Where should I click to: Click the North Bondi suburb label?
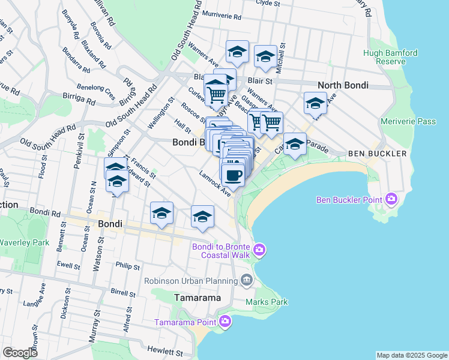click(342, 85)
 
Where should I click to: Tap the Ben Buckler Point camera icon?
click(392, 198)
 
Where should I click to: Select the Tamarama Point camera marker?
click(225, 322)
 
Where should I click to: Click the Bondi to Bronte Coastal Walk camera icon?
click(259, 249)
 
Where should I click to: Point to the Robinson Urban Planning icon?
click(246, 280)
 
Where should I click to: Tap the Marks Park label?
click(266, 302)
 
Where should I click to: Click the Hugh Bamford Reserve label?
click(390, 58)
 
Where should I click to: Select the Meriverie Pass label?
click(408, 121)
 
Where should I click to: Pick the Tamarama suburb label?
click(197, 298)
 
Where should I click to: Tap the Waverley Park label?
click(24, 242)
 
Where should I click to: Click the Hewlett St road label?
click(164, 352)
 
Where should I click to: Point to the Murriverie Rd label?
click(224, 14)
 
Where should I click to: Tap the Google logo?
click(20, 353)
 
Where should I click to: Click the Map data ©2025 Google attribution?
click(411, 355)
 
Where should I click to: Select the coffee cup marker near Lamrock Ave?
click(233, 175)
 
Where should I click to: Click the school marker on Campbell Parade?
click(294, 144)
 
